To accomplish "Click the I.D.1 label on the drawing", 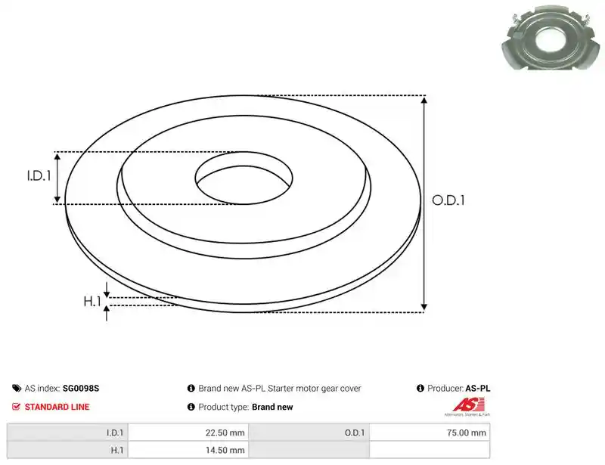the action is (x=39, y=176).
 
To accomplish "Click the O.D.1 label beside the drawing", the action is (x=448, y=200).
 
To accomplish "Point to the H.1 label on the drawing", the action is (x=92, y=302).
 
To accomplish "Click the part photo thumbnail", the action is (x=552, y=38).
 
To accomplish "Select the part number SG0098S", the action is (x=81, y=388).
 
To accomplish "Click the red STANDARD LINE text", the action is (x=57, y=407).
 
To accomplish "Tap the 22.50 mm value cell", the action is (x=188, y=432).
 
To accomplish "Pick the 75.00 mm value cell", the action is (x=430, y=432).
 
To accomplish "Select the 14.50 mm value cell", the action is (x=188, y=450).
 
